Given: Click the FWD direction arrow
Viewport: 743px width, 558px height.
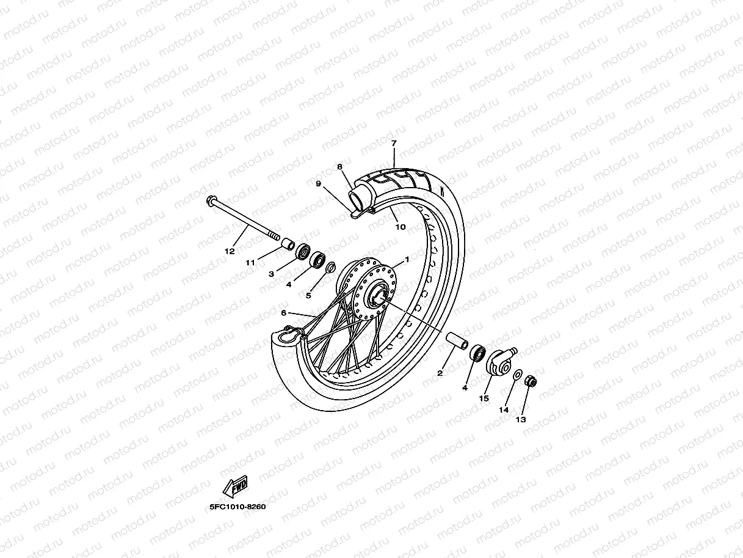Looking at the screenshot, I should point(236,487).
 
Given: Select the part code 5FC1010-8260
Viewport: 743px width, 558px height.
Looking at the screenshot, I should point(237,507).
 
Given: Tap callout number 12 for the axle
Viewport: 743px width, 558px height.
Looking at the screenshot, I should point(229,251).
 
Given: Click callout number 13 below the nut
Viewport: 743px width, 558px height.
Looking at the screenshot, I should point(520,420).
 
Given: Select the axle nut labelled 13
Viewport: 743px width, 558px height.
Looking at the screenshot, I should point(531,383).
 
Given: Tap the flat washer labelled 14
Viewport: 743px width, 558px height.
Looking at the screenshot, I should point(517,374).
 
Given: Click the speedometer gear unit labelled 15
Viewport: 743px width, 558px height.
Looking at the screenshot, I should point(500,361).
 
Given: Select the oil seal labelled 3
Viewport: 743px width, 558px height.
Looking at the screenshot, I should point(303,251).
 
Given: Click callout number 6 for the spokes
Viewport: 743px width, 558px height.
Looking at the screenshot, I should point(283,312).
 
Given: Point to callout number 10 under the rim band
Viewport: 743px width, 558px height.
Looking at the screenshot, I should point(400,227).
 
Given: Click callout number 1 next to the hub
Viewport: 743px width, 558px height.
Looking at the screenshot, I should point(406,259).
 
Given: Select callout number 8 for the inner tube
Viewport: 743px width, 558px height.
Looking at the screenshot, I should point(339,166).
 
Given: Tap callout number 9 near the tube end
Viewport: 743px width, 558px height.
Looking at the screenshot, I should point(317,183).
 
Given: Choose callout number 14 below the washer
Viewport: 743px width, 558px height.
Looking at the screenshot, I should point(504,409).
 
